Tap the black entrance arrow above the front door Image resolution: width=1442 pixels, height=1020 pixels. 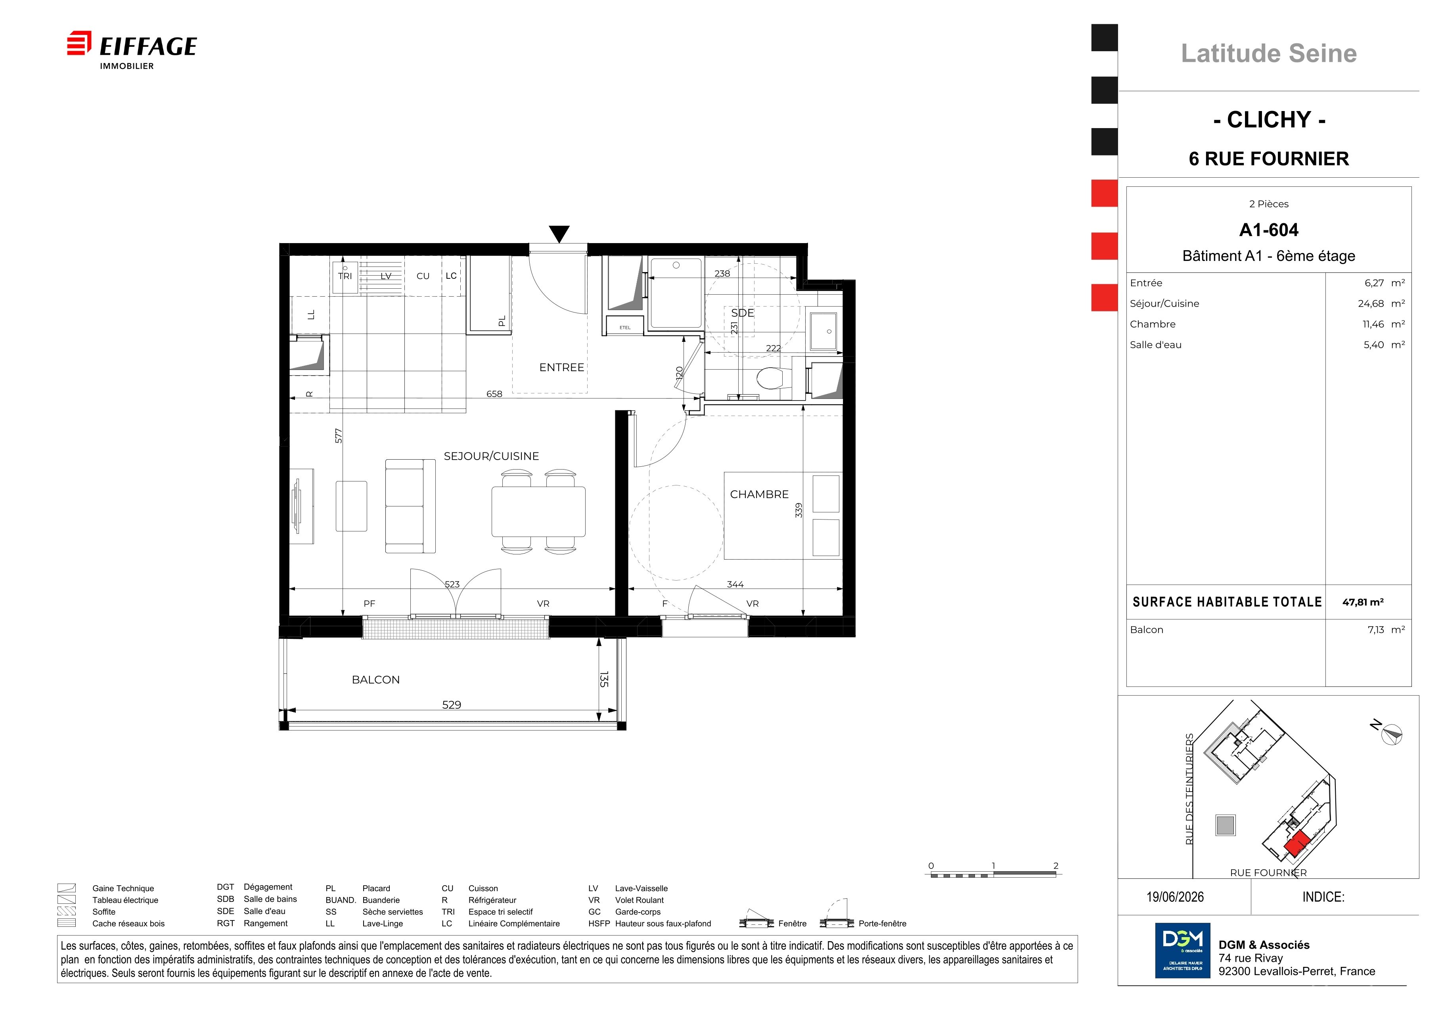559,234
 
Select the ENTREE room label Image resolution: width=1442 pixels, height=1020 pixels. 561,367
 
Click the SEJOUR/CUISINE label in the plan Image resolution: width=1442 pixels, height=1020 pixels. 491,456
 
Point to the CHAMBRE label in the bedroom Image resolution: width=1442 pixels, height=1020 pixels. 759,494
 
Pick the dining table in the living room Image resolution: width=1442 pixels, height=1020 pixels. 539,511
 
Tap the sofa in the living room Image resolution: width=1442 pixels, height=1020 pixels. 410,506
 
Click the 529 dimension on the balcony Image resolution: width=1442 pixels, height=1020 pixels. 452,705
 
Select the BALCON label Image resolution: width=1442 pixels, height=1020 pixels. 375,680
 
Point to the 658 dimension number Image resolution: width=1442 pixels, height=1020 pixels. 494,394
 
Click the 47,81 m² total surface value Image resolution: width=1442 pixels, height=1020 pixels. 1363,602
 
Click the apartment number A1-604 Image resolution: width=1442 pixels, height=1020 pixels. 1269,230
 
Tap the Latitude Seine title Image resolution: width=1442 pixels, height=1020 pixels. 1269,54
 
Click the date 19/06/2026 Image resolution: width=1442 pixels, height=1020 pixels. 1175,897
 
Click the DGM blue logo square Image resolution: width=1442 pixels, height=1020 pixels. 1183,950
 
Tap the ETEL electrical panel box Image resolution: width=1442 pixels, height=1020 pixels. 625,327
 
